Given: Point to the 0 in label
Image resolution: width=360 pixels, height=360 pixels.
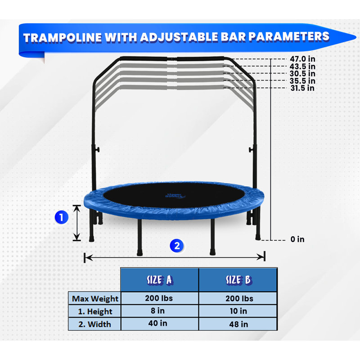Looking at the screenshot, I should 297,239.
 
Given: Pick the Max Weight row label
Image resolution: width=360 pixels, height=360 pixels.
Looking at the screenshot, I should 95,298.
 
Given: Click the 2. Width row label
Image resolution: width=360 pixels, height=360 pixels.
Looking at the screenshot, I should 95,324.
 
